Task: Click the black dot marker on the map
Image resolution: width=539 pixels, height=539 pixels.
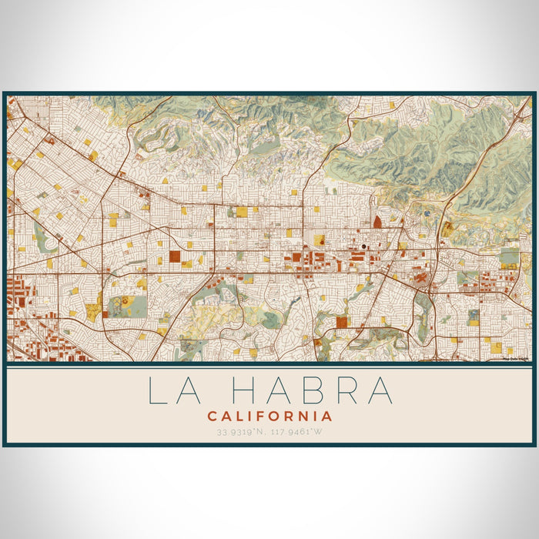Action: (363, 246)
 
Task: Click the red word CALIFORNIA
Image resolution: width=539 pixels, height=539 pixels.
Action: (269, 416)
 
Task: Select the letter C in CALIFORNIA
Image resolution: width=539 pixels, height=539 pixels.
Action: (211, 416)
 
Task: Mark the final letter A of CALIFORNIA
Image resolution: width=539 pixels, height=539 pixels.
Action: (328, 416)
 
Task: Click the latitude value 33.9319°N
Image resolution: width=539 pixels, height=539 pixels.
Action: (239, 431)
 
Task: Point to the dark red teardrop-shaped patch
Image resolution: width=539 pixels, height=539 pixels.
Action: (377, 221)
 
